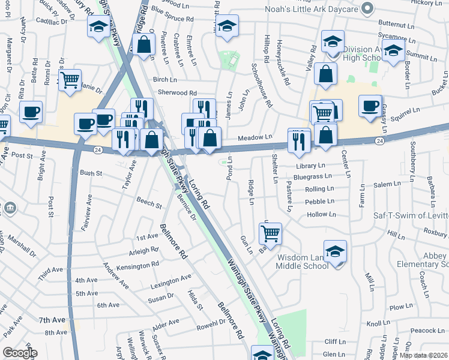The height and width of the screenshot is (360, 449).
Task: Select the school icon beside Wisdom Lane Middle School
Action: [x=335, y=251]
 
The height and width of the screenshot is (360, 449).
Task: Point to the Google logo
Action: [x=20, y=353]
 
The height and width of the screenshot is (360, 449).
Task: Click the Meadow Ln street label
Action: [x=255, y=138]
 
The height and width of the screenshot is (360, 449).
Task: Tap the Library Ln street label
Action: [x=310, y=166]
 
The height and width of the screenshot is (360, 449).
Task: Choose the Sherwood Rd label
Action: [x=177, y=93]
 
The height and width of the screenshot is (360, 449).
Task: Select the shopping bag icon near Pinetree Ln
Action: [x=143, y=44]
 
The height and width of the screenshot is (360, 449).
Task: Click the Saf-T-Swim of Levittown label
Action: [x=407, y=216]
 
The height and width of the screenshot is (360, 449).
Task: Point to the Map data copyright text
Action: [x=422, y=355]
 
